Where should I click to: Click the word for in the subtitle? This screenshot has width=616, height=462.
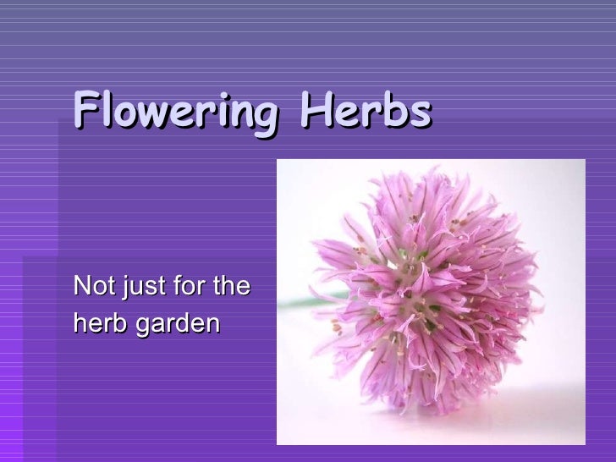pos(189,286)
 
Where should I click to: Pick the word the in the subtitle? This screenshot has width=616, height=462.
pos(231,286)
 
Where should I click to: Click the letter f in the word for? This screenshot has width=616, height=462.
pos(175,286)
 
